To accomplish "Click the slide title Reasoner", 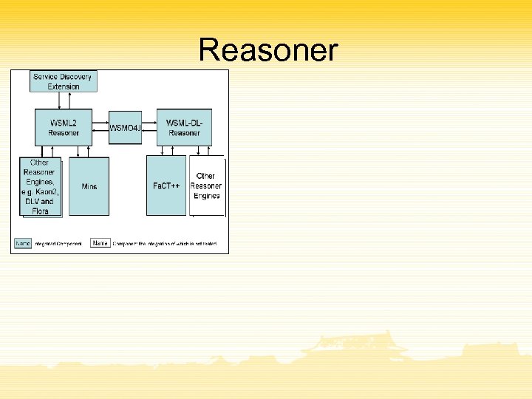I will [x=268, y=51].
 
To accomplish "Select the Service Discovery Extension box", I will [x=64, y=81].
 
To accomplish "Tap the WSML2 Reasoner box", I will [x=64, y=128].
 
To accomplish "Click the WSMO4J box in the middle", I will [x=125, y=128].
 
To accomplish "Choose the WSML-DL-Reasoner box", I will [x=184, y=128].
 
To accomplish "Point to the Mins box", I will [x=89, y=186].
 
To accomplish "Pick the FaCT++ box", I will [x=166, y=185].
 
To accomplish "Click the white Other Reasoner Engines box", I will [x=207, y=185].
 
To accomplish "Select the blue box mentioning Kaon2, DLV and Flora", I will [x=40, y=186].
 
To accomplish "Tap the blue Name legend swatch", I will [x=24, y=243].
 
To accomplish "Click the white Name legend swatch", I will [x=100, y=242].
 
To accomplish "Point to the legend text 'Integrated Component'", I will [x=58, y=244].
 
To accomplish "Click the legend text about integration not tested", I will [x=165, y=244].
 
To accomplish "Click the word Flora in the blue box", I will [x=41, y=211].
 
